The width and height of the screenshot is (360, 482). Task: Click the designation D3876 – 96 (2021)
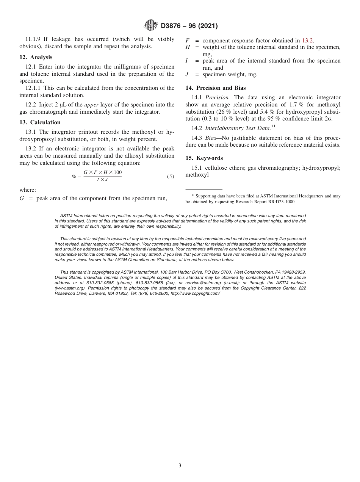189,26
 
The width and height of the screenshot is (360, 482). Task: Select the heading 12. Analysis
36,57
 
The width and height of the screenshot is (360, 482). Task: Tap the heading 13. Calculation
40,122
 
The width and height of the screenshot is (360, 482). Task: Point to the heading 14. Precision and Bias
216,88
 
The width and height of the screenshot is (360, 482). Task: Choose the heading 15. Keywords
204,158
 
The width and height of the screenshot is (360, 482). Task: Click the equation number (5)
171,176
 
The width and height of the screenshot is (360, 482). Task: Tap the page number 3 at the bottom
180,466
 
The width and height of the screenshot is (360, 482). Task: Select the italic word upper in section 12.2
91,105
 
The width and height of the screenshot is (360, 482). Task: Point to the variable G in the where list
22,198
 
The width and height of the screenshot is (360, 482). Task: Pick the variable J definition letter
187,74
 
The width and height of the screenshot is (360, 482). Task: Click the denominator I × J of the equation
102,179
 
